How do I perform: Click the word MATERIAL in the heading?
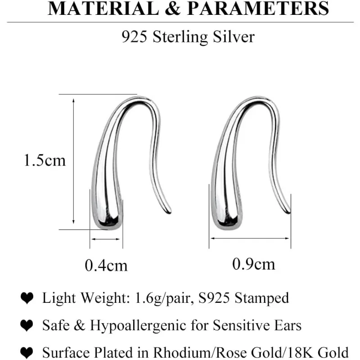(x=103, y=8)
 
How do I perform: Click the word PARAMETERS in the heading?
(x=258, y=8)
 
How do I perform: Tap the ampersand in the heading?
(x=173, y=8)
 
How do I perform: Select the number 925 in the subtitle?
(x=134, y=36)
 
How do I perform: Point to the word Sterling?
(x=180, y=37)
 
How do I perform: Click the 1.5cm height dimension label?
(x=45, y=160)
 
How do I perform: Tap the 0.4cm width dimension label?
(x=106, y=265)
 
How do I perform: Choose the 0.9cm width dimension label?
(x=254, y=264)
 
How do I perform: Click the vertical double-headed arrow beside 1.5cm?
(x=73, y=161)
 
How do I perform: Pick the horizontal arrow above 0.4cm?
(x=106, y=239)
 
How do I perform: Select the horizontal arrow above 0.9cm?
(x=250, y=238)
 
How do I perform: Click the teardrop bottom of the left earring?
(x=108, y=218)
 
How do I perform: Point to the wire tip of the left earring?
(x=170, y=211)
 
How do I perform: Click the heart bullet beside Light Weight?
(x=27, y=298)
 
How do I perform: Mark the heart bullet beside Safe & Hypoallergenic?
(x=27, y=325)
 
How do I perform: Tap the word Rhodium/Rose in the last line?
(x=201, y=352)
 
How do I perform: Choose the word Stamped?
(x=261, y=298)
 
